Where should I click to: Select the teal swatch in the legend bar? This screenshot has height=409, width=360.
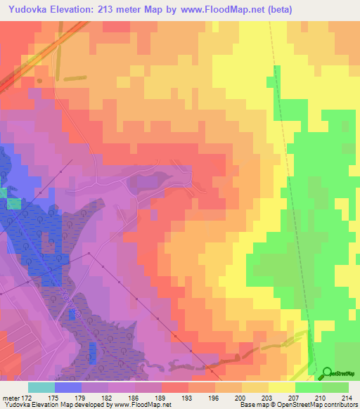(x=41, y=387)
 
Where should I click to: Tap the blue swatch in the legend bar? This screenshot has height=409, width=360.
(x=67, y=387)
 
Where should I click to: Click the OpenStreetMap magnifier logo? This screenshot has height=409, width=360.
(x=327, y=373)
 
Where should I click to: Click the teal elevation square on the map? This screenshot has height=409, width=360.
(x=3, y=193)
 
